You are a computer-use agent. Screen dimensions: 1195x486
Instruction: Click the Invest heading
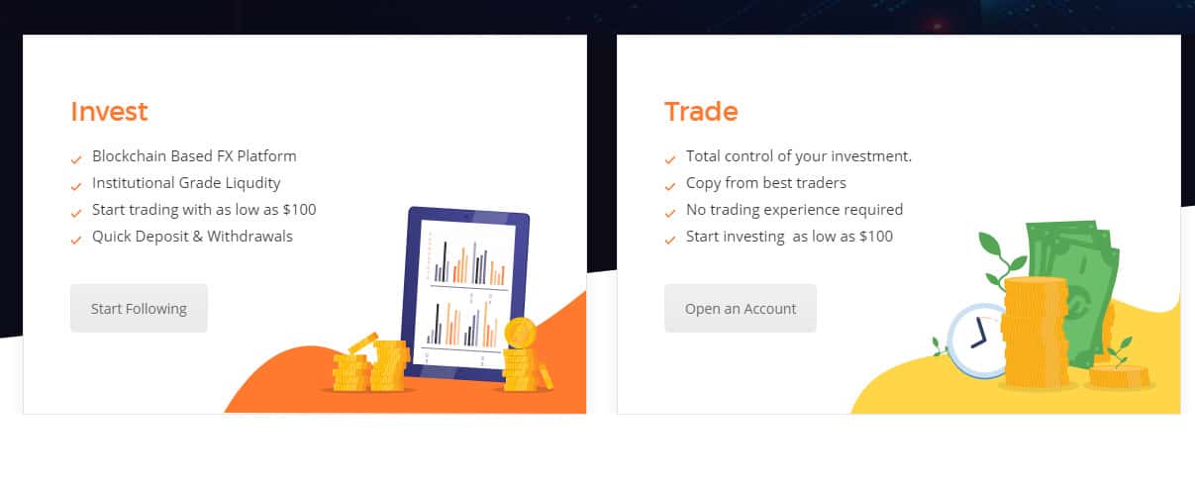(x=109, y=112)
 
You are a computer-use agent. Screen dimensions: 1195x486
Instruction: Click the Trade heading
(x=701, y=112)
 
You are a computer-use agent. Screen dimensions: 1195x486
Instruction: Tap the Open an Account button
(x=740, y=309)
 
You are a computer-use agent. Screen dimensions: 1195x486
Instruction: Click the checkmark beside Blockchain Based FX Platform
(x=76, y=159)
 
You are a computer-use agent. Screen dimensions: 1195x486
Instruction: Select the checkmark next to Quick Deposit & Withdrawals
(x=76, y=240)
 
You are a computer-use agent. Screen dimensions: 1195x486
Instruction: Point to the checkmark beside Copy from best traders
(x=670, y=186)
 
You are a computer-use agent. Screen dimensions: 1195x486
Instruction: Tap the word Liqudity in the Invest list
(x=252, y=183)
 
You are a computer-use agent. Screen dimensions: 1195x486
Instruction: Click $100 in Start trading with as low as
(x=299, y=210)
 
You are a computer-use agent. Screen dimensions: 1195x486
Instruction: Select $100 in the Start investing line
(x=876, y=237)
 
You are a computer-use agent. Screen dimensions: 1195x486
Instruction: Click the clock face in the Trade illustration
(x=977, y=340)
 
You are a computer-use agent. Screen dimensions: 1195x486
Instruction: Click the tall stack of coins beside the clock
(x=1036, y=333)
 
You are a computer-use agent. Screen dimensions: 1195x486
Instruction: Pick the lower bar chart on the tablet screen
(x=463, y=324)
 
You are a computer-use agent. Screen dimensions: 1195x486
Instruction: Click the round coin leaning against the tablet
(x=520, y=333)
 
